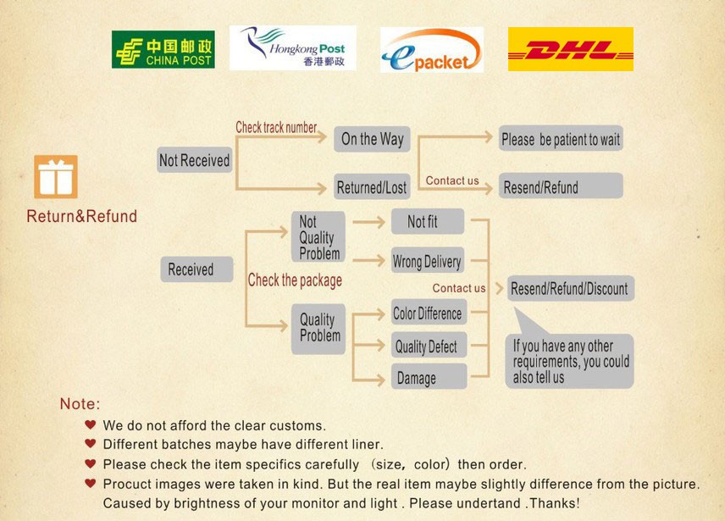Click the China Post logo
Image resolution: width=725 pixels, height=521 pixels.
(163, 49)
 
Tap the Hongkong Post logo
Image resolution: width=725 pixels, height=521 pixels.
(292, 47)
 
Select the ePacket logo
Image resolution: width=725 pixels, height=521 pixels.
(431, 49)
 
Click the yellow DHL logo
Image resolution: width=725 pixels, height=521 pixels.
(570, 49)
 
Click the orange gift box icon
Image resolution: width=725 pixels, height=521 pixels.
(56, 176)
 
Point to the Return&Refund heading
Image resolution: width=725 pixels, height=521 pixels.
(81, 217)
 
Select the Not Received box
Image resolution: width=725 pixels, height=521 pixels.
(194, 160)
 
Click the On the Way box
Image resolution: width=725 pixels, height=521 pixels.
(372, 139)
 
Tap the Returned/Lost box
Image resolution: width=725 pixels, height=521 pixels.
(371, 187)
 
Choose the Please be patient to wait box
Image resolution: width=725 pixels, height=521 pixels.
(560, 139)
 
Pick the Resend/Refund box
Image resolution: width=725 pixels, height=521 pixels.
(560, 187)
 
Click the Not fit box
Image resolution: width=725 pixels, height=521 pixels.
(427, 222)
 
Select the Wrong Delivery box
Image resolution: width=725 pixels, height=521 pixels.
(428, 262)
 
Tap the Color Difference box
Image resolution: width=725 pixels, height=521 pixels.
(428, 313)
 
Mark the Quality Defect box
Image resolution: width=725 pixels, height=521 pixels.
(428, 346)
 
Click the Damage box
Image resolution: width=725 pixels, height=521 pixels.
(428, 378)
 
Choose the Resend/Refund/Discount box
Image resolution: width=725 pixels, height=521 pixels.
(569, 289)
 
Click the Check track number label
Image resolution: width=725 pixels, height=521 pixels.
(276, 128)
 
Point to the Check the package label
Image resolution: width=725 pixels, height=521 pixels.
(295, 280)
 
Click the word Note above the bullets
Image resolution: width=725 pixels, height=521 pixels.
(80, 404)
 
